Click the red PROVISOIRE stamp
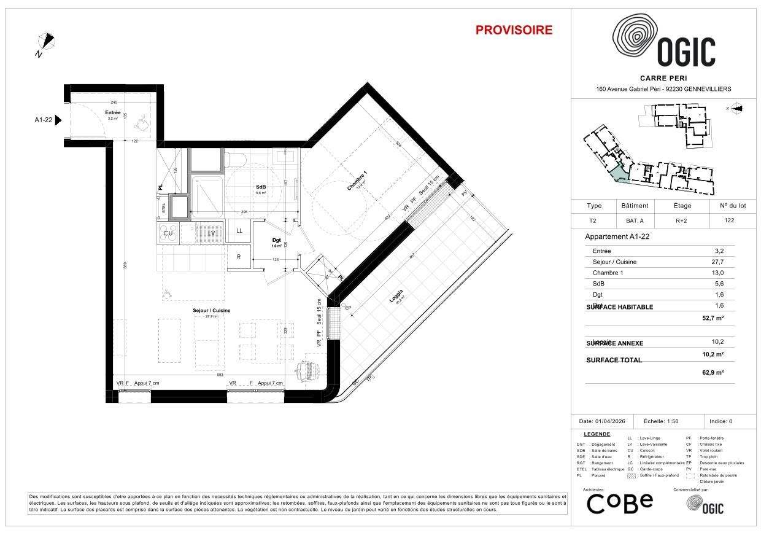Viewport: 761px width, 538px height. [x=514, y=30]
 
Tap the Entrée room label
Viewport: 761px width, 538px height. [x=112, y=112]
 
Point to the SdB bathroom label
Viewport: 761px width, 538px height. [x=261, y=187]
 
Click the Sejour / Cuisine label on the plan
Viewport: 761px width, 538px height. [x=212, y=311]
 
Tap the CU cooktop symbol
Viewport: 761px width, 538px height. [x=167, y=232]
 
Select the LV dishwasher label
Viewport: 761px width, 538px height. [x=211, y=233]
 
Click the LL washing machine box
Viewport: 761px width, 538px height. [x=239, y=231]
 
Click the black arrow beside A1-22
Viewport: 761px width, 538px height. [x=59, y=120]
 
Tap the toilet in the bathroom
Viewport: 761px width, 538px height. [x=235, y=159]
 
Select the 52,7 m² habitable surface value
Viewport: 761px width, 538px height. [x=713, y=318]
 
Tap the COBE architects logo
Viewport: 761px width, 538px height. [x=620, y=503]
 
